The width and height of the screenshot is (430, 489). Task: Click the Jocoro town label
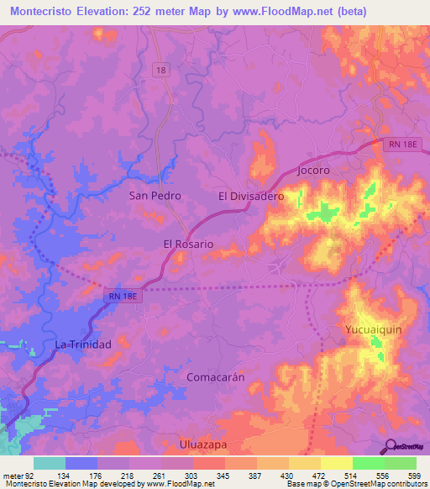point(313,170)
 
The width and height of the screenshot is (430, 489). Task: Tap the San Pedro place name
point(155,195)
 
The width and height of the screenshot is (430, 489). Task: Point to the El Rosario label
point(188,244)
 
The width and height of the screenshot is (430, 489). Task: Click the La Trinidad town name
point(83,344)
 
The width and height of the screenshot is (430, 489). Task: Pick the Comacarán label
point(215,377)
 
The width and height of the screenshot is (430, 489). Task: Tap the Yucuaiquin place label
point(374,329)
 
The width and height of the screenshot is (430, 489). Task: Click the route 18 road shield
point(160,70)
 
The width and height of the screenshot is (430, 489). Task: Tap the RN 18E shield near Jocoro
point(401,146)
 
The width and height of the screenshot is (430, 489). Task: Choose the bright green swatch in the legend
point(368,463)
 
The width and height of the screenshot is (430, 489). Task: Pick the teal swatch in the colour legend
point(50,463)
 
